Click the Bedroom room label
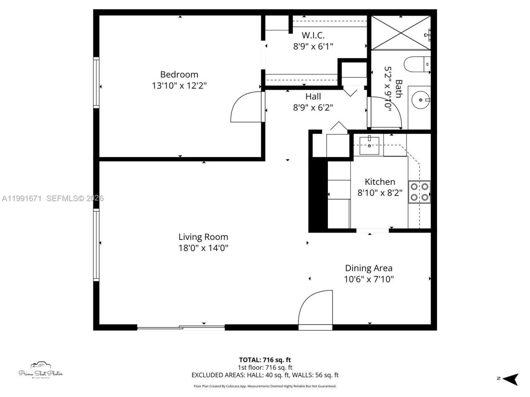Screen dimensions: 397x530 179,74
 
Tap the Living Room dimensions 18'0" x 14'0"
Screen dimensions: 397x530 203,248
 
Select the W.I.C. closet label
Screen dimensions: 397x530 313,35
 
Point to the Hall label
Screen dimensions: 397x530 313,96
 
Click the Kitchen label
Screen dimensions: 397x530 380,182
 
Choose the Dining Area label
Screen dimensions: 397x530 369,268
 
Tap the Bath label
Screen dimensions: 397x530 398,89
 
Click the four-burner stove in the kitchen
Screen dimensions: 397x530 419,192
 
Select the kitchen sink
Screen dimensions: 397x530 369,145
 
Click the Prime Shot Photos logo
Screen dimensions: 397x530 41,371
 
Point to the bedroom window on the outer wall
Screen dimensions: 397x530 96,83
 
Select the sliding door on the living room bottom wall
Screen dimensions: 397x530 181,328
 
